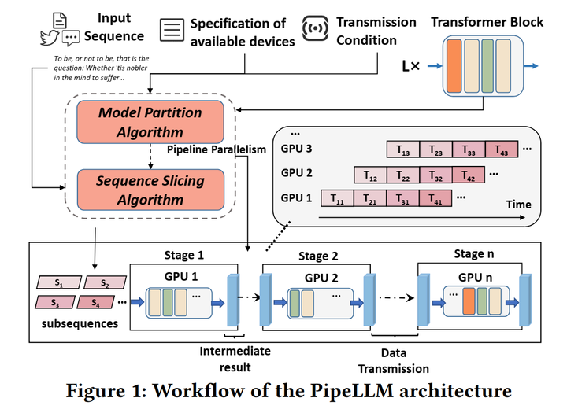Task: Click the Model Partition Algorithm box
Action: (x=150, y=122)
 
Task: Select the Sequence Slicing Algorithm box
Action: (x=150, y=190)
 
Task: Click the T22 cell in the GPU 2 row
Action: (x=404, y=173)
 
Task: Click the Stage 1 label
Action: (x=184, y=255)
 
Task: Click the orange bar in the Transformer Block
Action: (x=454, y=66)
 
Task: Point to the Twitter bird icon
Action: (x=49, y=36)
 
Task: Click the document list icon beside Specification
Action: (x=171, y=31)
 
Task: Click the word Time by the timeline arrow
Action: (x=517, y=205)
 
